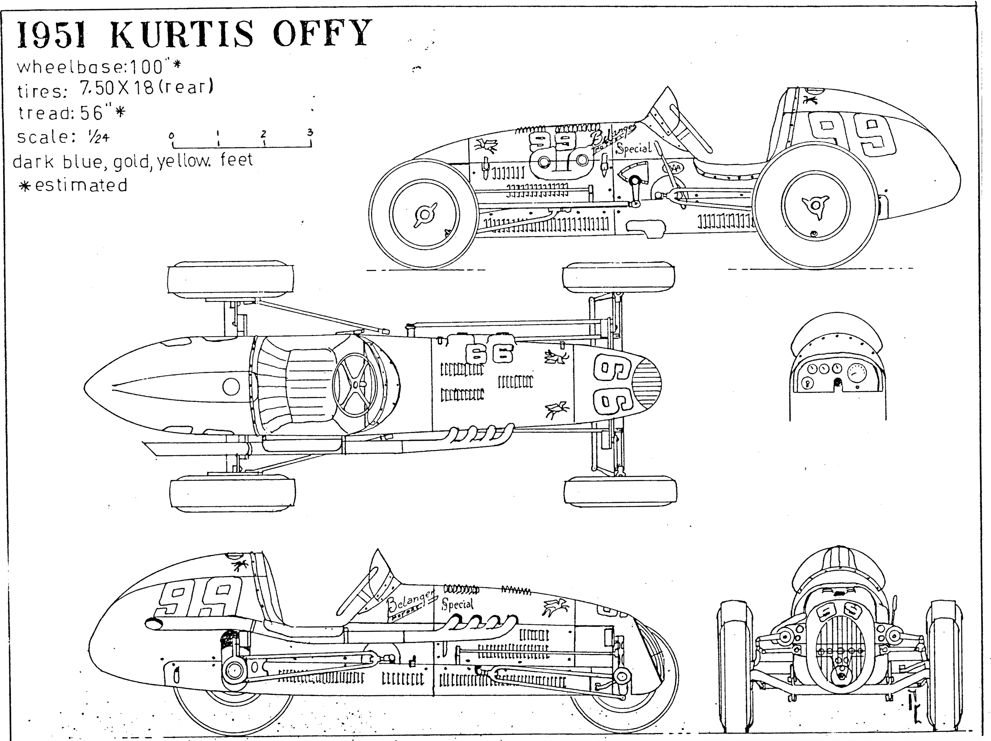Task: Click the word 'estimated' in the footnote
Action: (81, 185)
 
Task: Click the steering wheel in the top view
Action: (356, 384)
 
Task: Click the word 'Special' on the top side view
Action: (633, 148)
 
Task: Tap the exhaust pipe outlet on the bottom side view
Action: (153, 623)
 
